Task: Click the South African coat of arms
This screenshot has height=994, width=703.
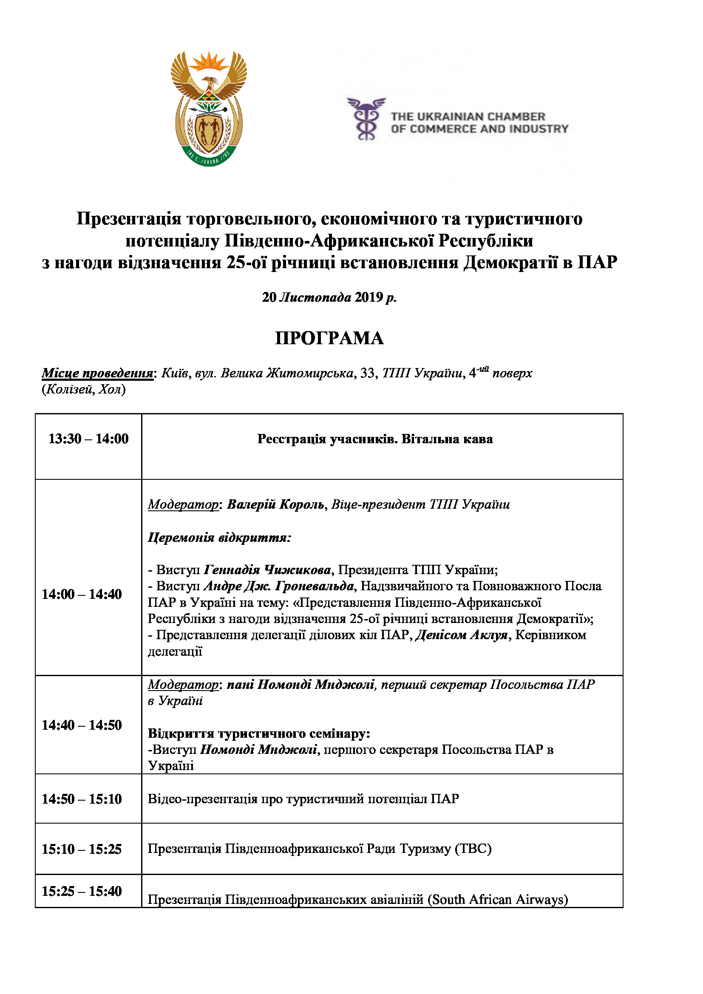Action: [x=209, y=109]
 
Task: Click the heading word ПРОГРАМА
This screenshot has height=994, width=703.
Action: [x=329, y=338]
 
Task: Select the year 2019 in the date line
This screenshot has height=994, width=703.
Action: [x=369, y=297]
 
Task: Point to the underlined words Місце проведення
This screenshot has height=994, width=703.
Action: [x=97, y=373]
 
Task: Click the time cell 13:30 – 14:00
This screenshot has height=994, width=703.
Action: [x=88, y=439]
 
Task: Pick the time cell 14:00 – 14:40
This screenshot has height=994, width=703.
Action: [x=81, y=594]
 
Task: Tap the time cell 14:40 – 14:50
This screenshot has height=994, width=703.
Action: [x=81, y=725]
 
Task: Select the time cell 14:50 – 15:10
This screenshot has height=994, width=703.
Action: [x=81, y=799]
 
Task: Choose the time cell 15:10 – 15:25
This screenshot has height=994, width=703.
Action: [x=81, y=849]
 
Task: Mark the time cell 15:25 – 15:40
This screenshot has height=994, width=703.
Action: [x=81, y=891]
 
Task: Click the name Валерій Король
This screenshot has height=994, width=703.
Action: [x=276, y=504]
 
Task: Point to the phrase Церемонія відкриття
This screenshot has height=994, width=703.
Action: [x=219, y=537]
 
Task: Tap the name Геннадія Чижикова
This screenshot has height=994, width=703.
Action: [x=267, y=570]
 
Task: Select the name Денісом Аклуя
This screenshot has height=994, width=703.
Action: [x=461, y=635]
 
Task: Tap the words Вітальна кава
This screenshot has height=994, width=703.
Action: [x=447, y=439]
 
